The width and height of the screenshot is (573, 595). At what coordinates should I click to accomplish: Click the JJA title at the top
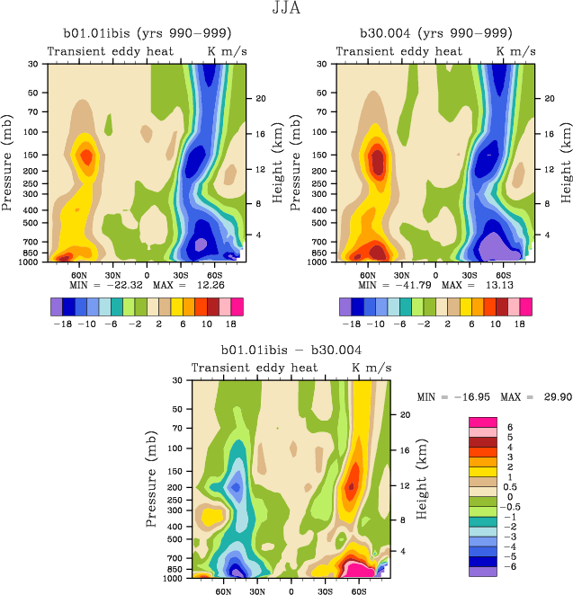pyautogui.click(x=286, y=9)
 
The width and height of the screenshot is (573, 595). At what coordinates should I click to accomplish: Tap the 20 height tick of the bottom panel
pyautogui.click(x=404, y=414)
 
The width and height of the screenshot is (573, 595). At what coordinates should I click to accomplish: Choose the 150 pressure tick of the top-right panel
pyautogui.click(x=324, y=155)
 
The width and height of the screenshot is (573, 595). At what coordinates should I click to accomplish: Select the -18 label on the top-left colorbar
pyautogui.click(x=61, y=322)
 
